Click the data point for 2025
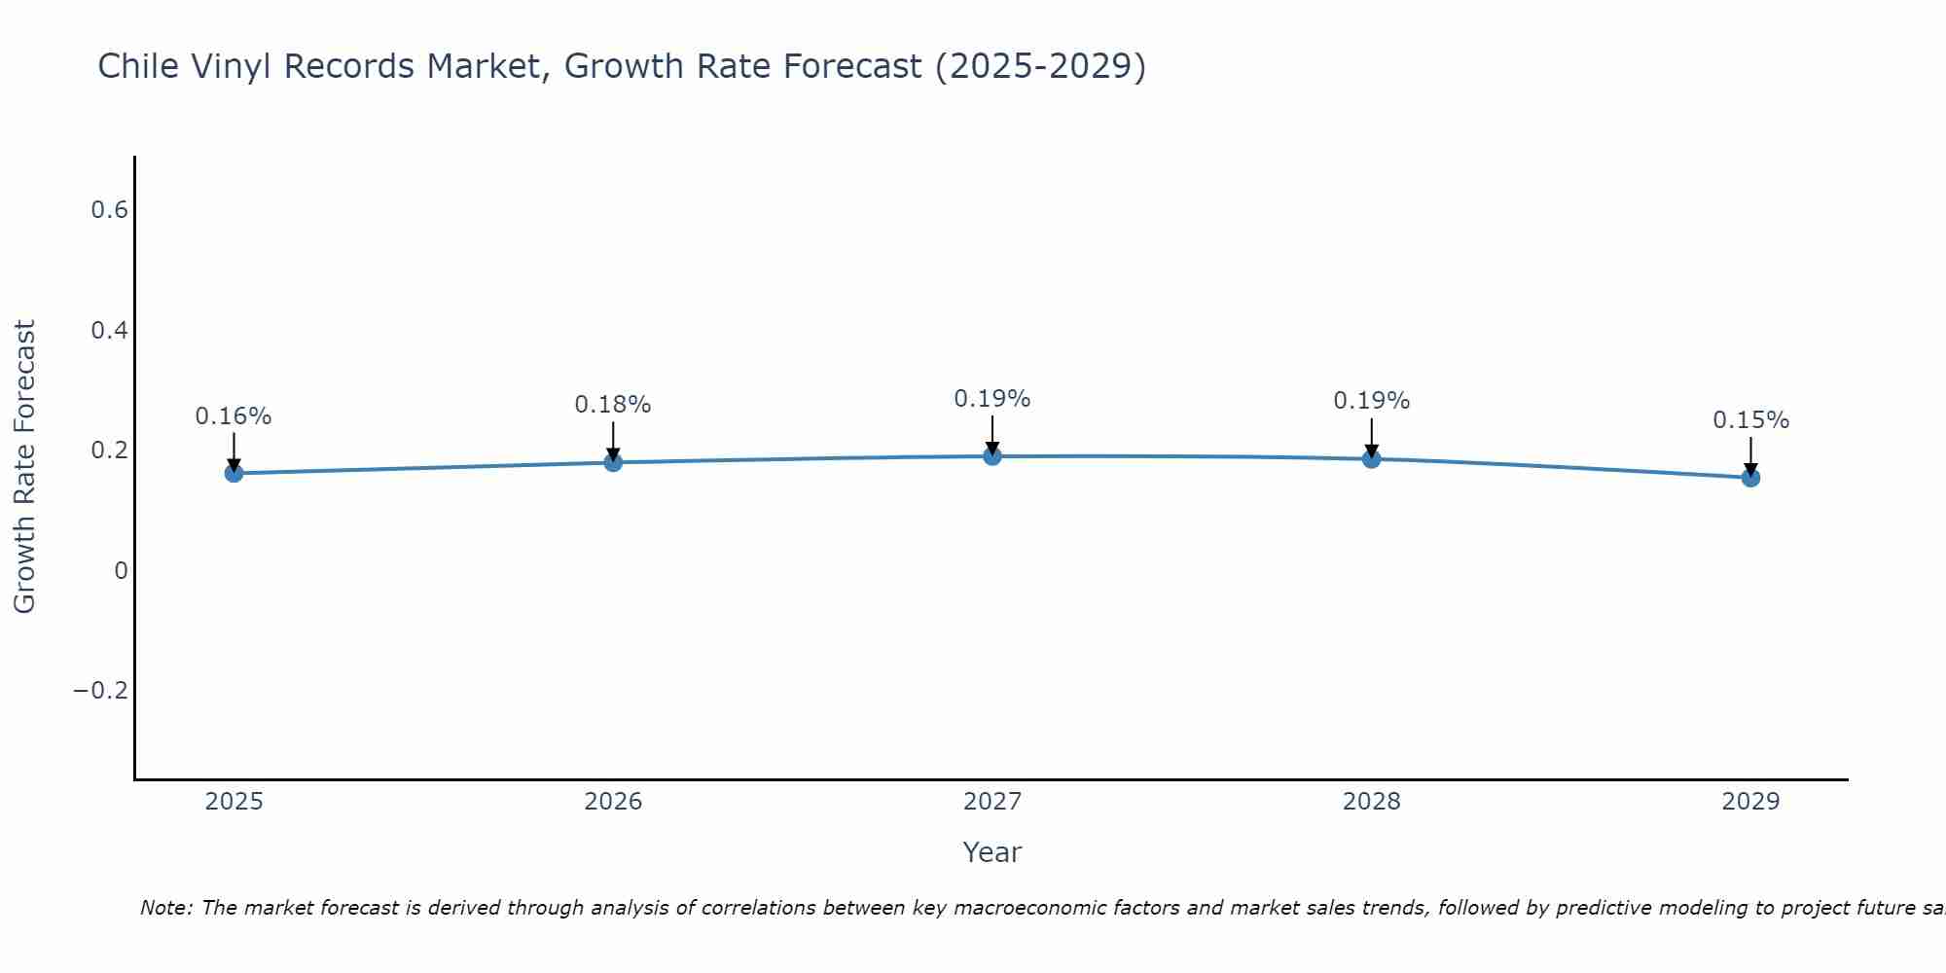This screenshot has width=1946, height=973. coord(234,473)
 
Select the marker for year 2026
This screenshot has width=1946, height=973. coord(613,462)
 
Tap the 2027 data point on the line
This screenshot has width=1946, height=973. coord(992,456)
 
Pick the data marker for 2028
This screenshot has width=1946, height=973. coord(1371,458)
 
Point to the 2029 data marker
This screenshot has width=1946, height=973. coord(1750,478)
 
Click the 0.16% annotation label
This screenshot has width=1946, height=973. coord(234,416)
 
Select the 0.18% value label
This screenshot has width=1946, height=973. coord(613,405)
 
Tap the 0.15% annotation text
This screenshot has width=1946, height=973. coord(1750,420)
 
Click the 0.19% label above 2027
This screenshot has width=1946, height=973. coord(992,399)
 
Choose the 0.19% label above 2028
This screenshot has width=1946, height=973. coord(1371,401)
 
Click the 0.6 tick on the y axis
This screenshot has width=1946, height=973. coord(110,210)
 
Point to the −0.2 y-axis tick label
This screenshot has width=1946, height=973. coord(101,691)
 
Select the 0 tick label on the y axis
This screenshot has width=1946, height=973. coord(121,571)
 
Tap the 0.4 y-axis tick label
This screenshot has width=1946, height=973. coord(110,331)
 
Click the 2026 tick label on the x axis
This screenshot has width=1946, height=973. coord(613,802)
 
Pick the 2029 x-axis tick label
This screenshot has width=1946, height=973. coord(1750,802)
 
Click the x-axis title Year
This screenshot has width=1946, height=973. coord(991,852)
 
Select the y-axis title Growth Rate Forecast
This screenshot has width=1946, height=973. coord(24,467)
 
